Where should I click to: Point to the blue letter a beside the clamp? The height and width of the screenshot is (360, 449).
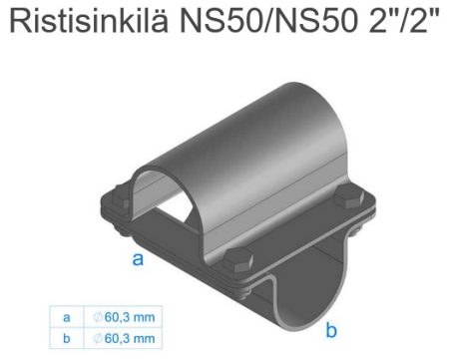pyautogui.click(x=140, y=260)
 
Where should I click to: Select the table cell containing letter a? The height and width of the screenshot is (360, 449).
pyautogui.click(x=66, y=317)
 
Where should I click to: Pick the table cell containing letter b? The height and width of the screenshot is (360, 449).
pyautogui.click(x=66, y=338)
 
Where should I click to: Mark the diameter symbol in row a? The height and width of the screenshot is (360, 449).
pyautogui.click(x=97, y=317)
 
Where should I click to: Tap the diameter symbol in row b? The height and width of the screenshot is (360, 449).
pyautogui.click(x=97, y=338)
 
